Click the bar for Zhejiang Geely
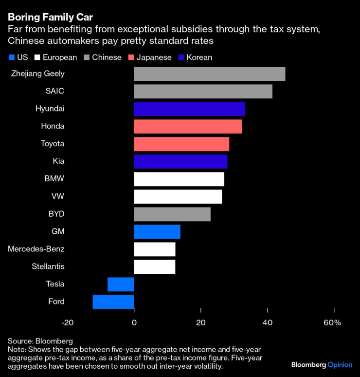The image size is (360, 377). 209,74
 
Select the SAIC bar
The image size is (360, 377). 203,92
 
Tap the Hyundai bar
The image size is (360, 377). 189,109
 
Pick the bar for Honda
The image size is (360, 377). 188,127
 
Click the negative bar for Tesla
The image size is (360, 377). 121,284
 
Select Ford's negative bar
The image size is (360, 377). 113,302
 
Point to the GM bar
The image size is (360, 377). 157,232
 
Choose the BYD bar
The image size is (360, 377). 172,214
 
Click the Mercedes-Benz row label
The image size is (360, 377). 36,249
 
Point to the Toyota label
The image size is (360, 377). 52,144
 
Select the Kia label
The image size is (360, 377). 58,161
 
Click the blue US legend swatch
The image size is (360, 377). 11,57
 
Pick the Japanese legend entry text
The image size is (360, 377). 154,57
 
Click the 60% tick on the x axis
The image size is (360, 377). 332,322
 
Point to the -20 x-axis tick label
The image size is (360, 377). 67,322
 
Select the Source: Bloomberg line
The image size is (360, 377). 40,341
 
